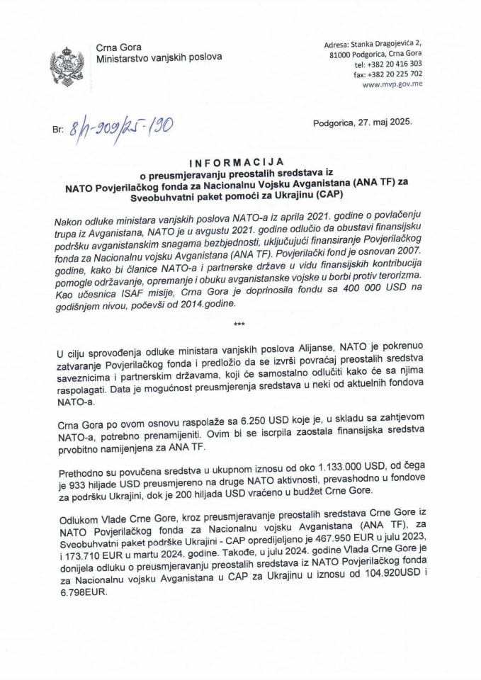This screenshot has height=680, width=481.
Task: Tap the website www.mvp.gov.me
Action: [x=391, y=82]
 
